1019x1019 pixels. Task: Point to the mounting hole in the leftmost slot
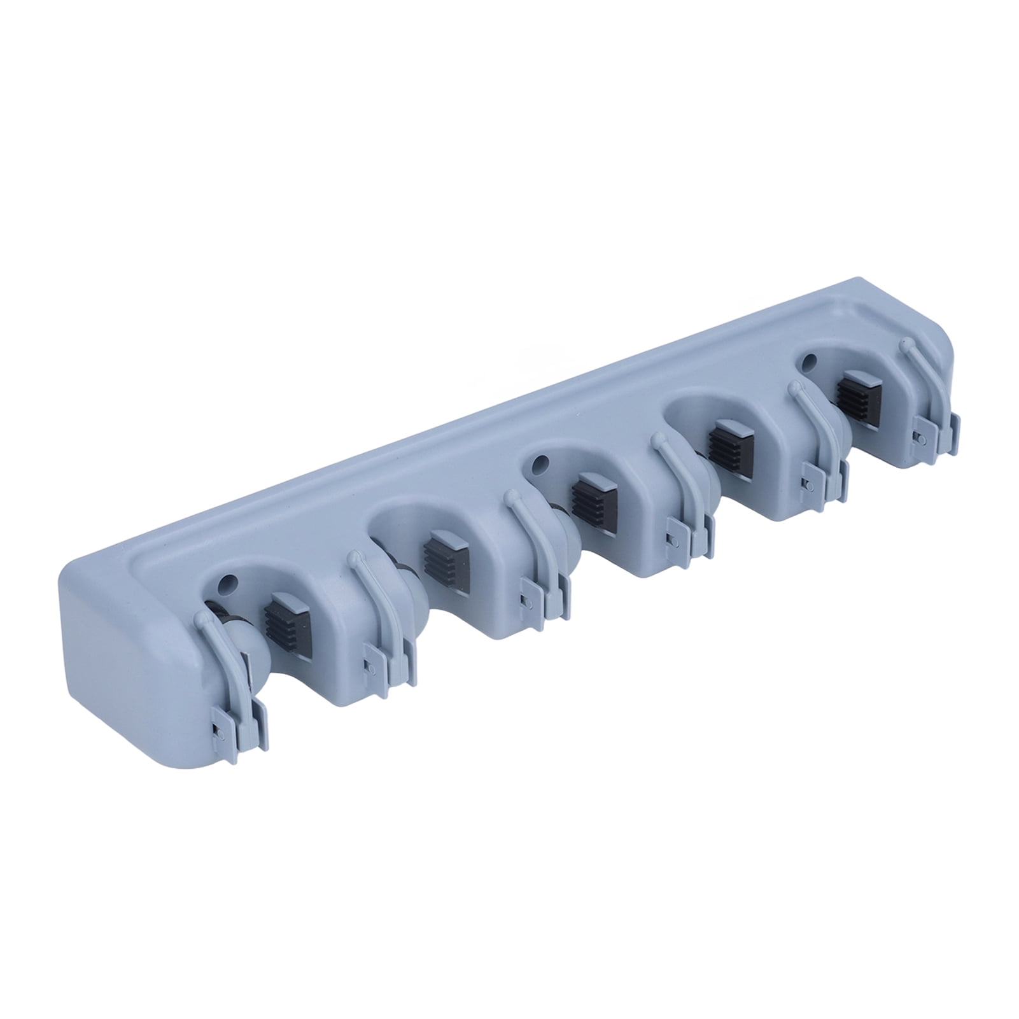coord(230,582)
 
